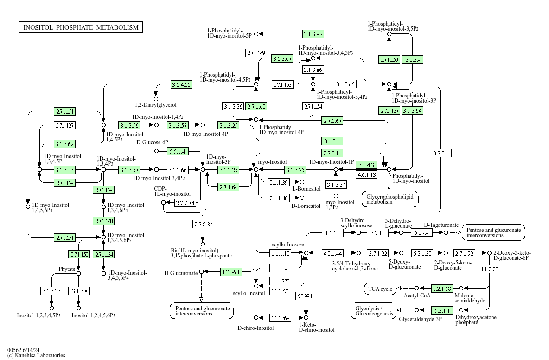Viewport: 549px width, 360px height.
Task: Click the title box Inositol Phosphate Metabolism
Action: (81, 27)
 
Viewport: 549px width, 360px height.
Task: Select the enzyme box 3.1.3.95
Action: (313, 34)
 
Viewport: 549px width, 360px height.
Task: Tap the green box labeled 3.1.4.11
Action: (181, 84)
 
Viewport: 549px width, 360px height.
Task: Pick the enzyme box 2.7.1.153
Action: (282, 84)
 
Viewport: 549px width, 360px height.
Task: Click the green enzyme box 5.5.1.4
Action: (178, 151)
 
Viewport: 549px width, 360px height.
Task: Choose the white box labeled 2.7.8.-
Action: (441, 153)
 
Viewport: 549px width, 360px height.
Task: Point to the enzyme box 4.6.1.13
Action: (367, 174)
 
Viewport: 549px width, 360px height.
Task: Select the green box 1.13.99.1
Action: (231, 272)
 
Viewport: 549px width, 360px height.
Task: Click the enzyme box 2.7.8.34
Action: (203, 224)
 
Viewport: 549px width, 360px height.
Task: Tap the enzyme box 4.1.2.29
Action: (490, 269)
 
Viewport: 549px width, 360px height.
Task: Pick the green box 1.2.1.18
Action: (442, 289)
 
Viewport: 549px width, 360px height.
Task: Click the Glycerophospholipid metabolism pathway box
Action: (390, 199)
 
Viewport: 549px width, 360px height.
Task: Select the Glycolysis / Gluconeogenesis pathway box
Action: (374, 311)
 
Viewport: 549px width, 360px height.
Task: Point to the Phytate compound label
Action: (67, 269)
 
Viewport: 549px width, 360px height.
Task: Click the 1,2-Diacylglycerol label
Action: (156, 105)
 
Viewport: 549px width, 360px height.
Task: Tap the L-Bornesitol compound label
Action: (306, 189)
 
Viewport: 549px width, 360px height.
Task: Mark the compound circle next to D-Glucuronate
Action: (201, 272)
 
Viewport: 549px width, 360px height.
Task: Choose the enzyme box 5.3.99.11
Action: (306, 296)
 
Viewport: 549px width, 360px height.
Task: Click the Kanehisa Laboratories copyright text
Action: (36, 355)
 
